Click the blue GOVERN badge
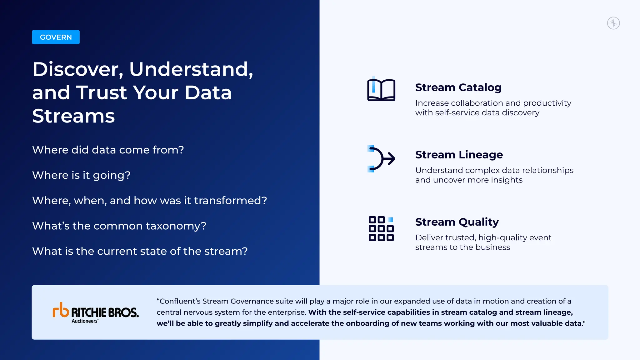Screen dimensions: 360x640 point(56,37)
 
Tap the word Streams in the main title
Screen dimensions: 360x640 point(73,116)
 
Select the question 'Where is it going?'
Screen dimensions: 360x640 point(81,175)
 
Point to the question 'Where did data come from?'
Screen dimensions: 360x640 point(108,150)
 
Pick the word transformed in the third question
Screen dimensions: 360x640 point(230,201)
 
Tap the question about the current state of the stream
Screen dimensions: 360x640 point(140,251)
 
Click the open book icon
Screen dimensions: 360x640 point(381,90)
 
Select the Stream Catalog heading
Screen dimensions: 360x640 point(458,87)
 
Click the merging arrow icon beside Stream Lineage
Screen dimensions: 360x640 point(381,159)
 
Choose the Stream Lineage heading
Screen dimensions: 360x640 point(459,155)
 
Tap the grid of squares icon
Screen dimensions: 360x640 point(381,229)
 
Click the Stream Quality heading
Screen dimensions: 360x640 point(457,222)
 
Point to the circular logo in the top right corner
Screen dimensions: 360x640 point(613,23)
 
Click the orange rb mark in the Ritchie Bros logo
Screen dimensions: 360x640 point(61,310)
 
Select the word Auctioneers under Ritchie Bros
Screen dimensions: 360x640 point(84,321)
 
